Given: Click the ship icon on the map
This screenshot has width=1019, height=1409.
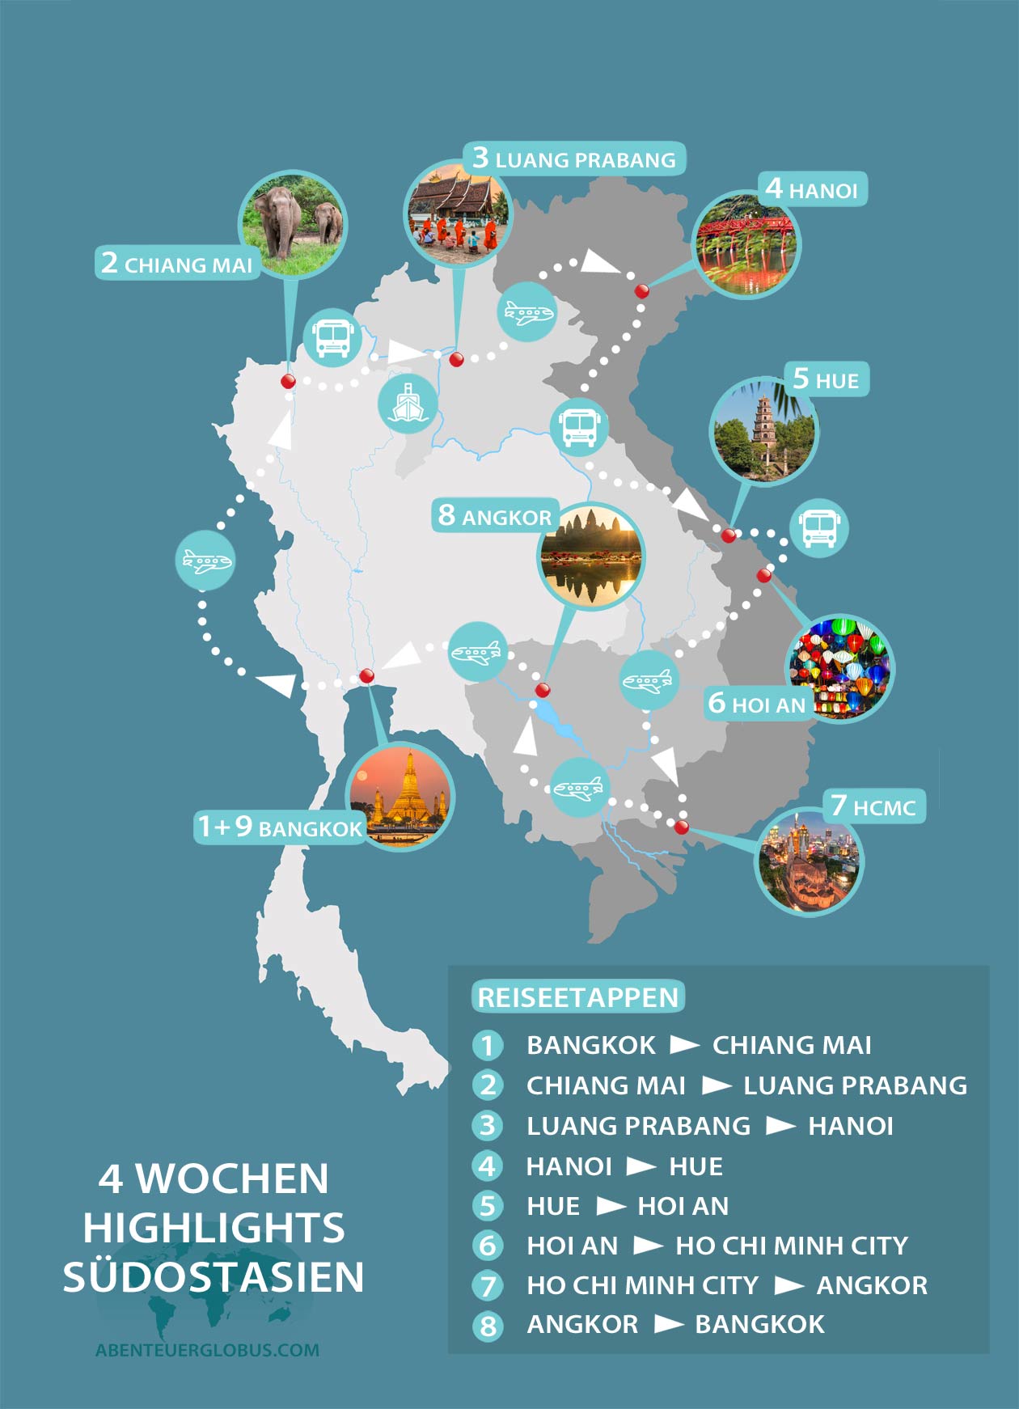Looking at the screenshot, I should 408,403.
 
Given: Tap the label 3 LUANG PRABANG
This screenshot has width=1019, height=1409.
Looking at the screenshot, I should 574,159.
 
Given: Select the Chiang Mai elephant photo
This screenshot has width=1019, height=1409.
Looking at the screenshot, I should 293,223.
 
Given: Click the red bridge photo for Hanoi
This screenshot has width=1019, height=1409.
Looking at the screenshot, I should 746,244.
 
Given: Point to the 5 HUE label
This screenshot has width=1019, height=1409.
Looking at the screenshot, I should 827,379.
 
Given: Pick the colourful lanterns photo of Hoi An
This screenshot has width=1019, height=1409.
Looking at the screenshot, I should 839,668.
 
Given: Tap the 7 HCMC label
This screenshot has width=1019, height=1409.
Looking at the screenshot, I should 873,806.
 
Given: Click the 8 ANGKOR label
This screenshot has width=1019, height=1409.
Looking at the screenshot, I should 495,516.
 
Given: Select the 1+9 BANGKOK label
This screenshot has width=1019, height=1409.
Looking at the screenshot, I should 280,827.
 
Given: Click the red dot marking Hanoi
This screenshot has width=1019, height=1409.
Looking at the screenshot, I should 641,291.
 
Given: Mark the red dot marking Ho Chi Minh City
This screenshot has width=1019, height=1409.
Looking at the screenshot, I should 682,827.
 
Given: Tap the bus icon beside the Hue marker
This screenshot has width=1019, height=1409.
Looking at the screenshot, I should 818,527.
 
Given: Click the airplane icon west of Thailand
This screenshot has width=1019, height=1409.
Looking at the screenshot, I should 205,560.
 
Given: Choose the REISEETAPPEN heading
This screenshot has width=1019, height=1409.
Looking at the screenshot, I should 577,997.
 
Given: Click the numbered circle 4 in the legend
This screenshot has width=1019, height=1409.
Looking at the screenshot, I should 488,1166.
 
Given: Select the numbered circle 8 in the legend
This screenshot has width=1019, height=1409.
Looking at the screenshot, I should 488,1326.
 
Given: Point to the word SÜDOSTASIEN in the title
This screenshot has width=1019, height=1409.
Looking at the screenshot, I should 214,1277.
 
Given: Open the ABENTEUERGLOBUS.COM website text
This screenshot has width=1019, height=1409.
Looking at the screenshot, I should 207,1349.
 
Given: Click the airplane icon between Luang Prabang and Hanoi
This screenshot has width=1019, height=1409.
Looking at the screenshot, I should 526,311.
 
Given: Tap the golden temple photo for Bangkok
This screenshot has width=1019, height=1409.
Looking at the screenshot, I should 401,796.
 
